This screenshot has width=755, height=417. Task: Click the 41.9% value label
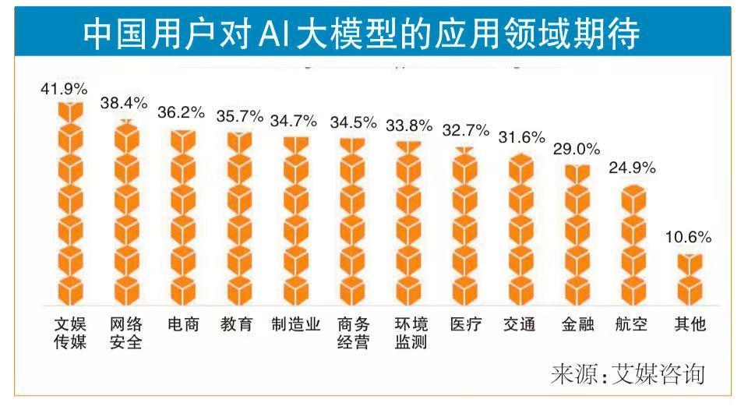tap(65, 89)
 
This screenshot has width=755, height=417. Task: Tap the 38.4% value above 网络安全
tap(124, 103)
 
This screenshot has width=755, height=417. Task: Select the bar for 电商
tap(183, 218)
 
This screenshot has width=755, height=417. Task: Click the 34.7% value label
tap(294, 121)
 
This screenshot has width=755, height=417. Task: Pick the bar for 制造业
tap(295, 221)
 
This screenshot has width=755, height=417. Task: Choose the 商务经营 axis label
tap(353, 333)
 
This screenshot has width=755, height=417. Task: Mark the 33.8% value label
tap(410, 125)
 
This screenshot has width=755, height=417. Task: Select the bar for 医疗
tap(465, 226)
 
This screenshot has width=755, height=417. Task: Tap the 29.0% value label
tap(577, 149)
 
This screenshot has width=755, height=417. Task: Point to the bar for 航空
tap(633, 245)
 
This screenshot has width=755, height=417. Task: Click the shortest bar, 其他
tap(690, 279)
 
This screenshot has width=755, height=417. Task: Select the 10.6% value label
tap(689, 238)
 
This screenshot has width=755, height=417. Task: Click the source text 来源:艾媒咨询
tap(627, 373)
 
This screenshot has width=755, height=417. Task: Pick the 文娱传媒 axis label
tap(69, 333)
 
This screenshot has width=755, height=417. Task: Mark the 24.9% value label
tap(633, 168)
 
